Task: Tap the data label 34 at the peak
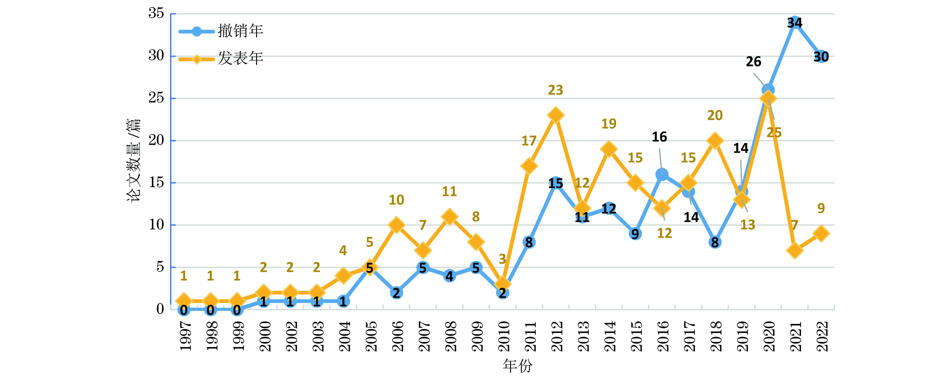[794, 23]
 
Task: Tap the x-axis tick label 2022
[821, 336]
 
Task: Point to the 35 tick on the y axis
[156, 14]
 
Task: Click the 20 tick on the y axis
[156, 140]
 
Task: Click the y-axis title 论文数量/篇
[134, 160]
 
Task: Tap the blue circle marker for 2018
[715, 242]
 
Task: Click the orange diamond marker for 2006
[396, 225]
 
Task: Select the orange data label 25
[774, 132]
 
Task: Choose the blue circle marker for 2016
[662, 174]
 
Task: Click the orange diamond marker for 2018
[715, 141]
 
